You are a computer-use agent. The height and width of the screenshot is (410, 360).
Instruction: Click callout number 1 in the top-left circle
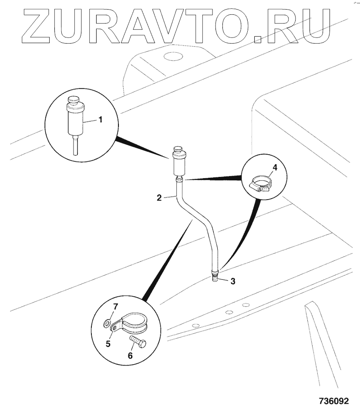coord(101,119)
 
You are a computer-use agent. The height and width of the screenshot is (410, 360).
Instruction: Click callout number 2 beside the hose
coord(159,197)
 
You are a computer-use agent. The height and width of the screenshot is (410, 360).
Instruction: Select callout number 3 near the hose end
coord(232,281)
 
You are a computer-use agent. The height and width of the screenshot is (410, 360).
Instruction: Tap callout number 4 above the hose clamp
coord(275,167)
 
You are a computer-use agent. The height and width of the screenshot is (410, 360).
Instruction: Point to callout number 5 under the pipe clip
coord(108,343)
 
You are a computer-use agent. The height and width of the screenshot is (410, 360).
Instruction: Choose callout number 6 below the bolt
coord(130,355)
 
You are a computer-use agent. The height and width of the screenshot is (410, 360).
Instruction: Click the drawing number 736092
coord(333,400)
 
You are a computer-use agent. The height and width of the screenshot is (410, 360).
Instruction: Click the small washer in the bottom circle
coord(107,324)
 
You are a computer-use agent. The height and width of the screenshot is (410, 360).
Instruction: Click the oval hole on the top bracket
coord(172,56)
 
